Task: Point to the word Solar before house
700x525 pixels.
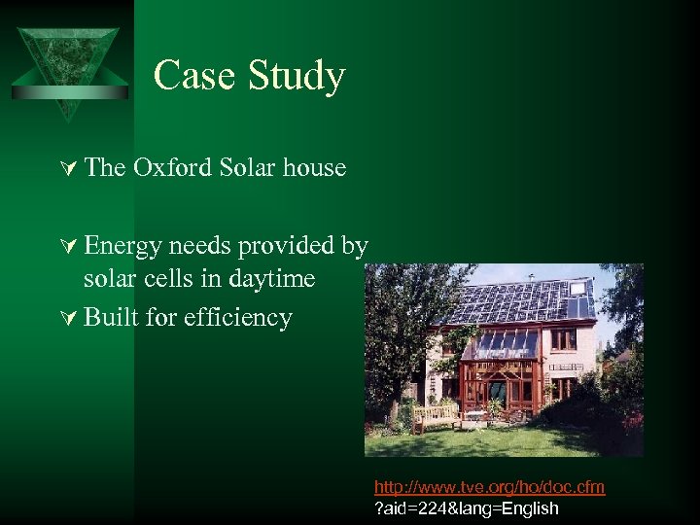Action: click(x=249, y=168)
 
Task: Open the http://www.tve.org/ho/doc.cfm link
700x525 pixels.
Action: click(x=489, y=487)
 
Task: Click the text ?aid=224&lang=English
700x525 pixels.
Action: click(x=467, y=507)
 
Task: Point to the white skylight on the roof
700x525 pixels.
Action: click(x=583, y=287)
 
